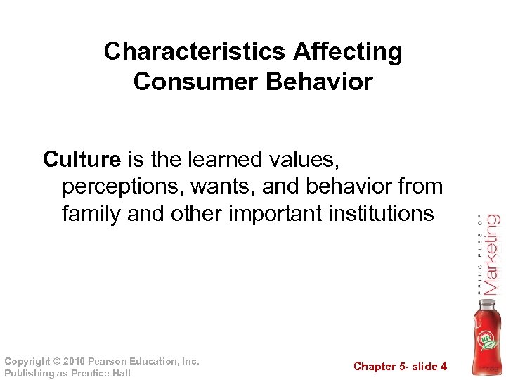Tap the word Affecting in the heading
[x=349, y=51]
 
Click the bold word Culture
[x=82, y=160]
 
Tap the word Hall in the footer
[x=119, y=373]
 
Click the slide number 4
[x=443, y=366]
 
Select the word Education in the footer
[x=156, y=361]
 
